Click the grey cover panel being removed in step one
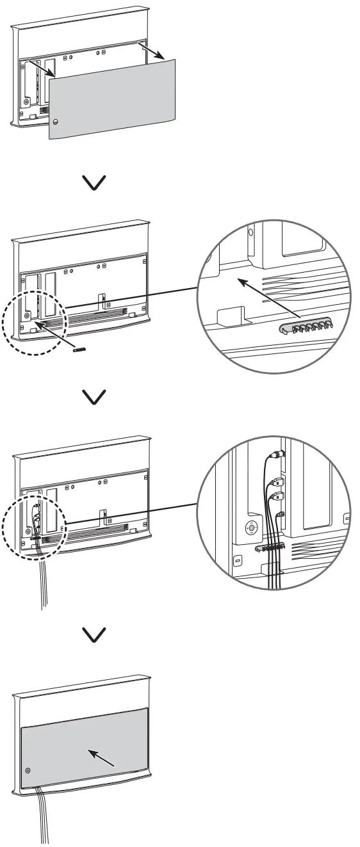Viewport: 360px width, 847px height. [x=112, y=96]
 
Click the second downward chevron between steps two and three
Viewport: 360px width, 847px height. [x=95, y=398]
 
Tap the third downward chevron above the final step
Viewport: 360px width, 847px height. [x=95, y=634]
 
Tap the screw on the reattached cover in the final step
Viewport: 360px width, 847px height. [x=28, y=771]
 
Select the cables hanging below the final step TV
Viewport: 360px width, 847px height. [x=44, y=819]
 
